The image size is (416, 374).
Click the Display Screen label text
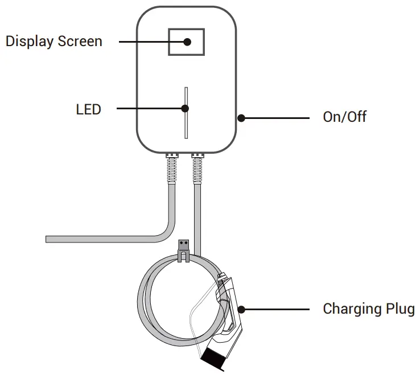(54, 42)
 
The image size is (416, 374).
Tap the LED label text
(88, 109)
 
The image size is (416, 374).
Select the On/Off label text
(344, 117)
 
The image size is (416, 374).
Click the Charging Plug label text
(368, 309)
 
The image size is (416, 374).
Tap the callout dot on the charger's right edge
(241, 118)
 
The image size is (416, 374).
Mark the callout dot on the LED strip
(185, 108)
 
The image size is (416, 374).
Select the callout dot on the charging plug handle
(241, 310)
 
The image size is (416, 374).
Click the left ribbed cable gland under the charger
(171, 166)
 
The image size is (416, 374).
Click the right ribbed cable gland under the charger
(197, 166)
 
